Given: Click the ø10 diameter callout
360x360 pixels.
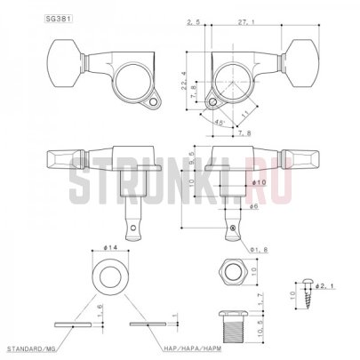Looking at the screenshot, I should [257, 182].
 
